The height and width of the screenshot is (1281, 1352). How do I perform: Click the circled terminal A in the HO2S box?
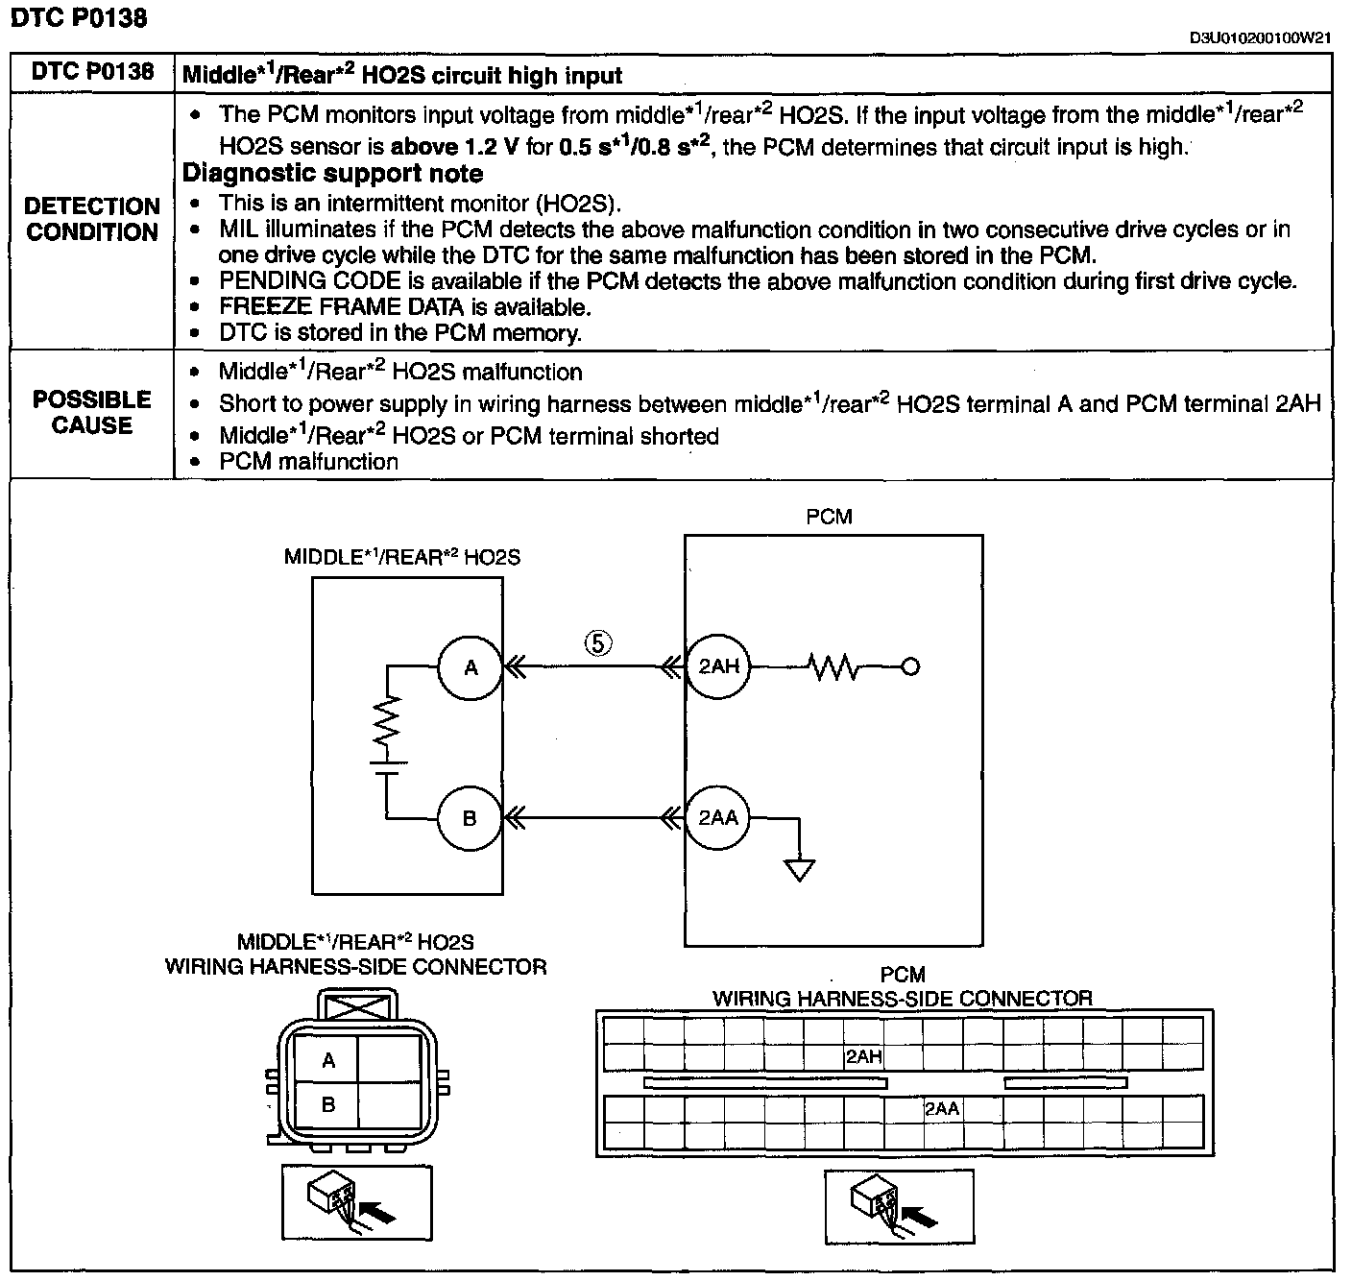click(471, 667)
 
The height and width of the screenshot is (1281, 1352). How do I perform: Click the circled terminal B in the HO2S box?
click(470, 818)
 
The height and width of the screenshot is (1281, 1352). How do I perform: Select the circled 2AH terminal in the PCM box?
click(718, 665)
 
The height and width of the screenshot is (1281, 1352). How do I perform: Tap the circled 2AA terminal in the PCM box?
click(718, 817)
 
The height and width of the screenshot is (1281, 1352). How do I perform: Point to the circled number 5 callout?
click(597, 642)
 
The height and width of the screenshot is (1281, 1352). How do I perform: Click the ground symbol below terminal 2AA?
click(799, 870)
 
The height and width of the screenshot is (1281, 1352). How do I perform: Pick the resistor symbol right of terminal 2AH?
click(834, 665)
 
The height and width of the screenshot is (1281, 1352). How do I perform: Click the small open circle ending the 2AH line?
click(910, 665)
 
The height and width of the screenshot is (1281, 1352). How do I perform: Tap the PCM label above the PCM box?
click(830, 517)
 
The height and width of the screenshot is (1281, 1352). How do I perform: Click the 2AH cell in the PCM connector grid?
click(863, 1057)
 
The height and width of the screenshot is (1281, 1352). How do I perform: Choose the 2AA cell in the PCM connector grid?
click(942, 1108)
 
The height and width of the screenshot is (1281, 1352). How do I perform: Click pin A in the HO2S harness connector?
click(328, 1060)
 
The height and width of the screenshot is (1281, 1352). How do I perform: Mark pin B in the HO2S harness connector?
click(328, 1104)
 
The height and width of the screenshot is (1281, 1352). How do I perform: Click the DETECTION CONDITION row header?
click(92, 219)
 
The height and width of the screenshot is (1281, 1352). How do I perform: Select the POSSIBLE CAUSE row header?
click(92, 412)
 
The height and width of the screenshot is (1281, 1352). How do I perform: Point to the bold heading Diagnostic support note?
click(332, 174)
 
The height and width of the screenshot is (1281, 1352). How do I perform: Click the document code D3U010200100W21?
click(1260, 38)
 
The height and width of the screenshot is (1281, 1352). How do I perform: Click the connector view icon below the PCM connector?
click(899, 1206)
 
